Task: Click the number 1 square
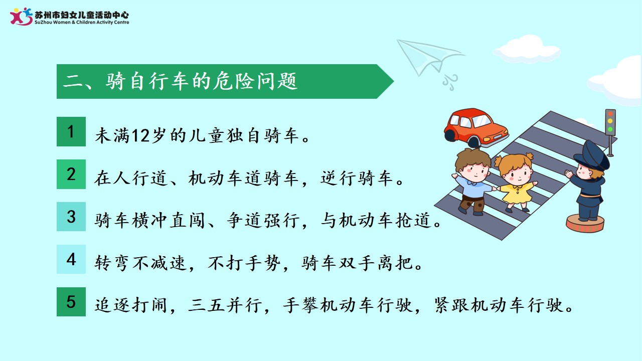click(71, 131)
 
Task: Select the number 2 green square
click(71, 174)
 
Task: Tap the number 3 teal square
click(71, 217)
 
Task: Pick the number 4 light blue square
click(71, 259)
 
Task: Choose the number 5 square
click(71, 302)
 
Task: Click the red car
click(476, 128)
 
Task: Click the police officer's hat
click(592, 155)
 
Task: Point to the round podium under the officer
click(585, 224)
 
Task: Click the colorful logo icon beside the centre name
click(21, 17)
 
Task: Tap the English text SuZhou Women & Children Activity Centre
click(82, 23)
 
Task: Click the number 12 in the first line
click(140, 135)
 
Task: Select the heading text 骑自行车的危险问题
click(202, 81)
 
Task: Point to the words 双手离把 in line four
click(376, 263)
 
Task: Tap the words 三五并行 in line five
click(225, 305)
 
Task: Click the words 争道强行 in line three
click(263, 221)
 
